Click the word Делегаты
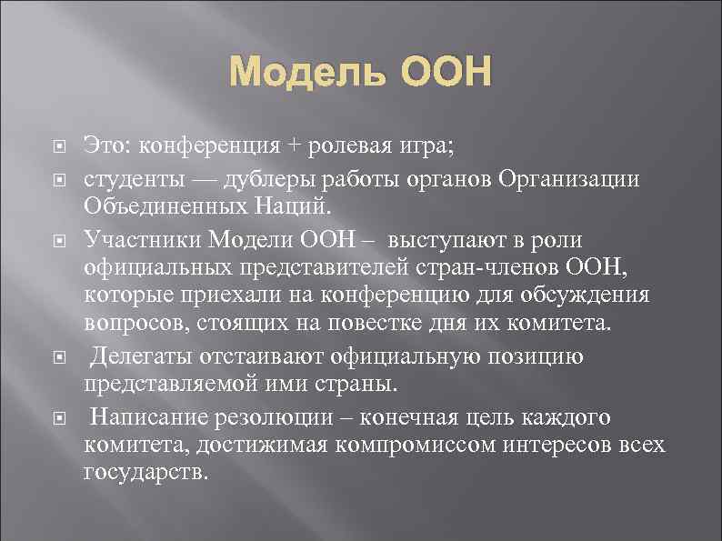[x=139, y=357]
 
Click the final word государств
[x=146, y=474]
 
